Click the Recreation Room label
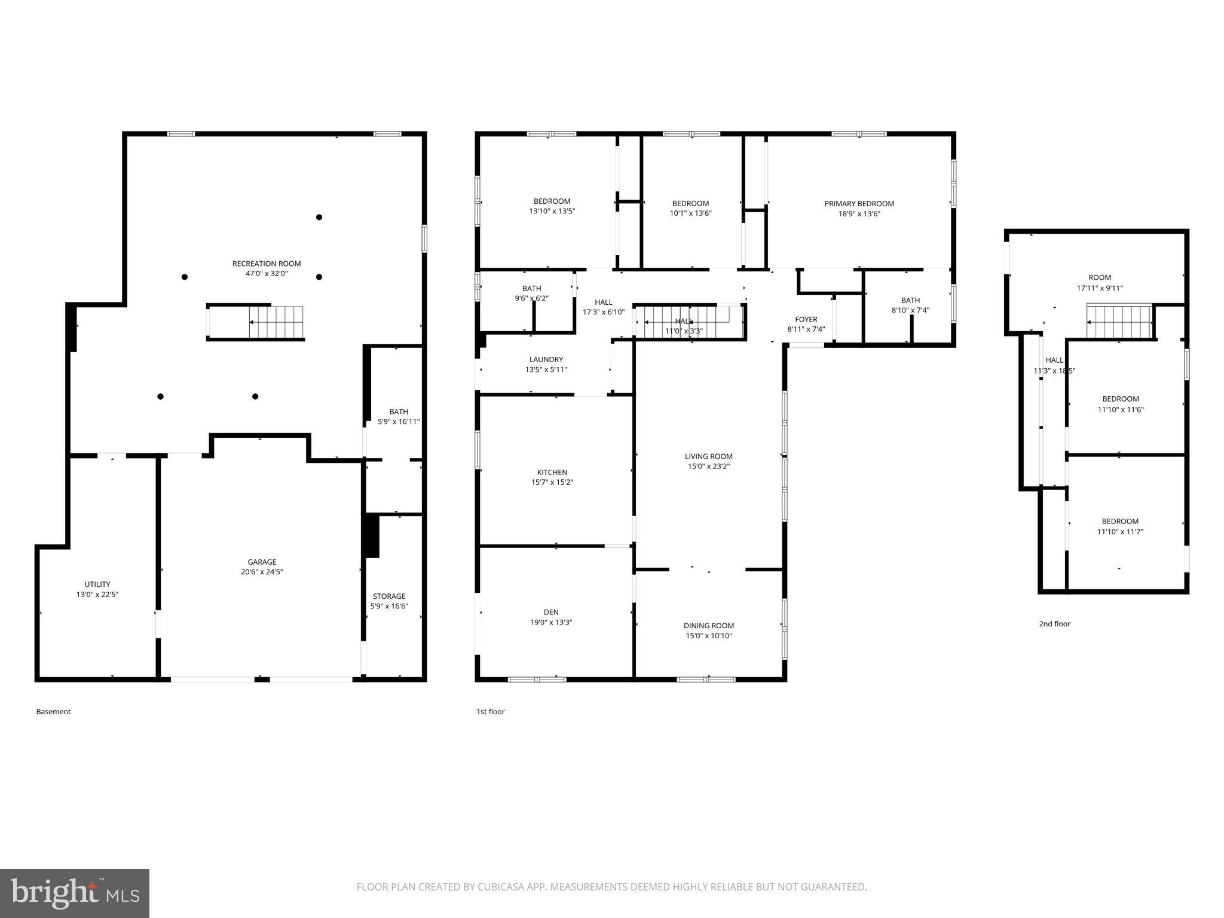(x=267, y=264)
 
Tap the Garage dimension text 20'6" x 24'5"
(x=262, y=572)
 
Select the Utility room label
(x=97, y=585)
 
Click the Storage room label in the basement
(x=389, y=596)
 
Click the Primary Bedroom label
(x=859, y=204)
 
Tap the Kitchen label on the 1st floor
(x=552, y=472)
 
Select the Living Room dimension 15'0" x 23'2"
(x=708, y=467)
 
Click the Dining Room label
(x=709, y=626)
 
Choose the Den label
(x=551, y=612)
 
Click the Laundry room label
(x=546, y=359)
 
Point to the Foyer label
(x=806, y=319)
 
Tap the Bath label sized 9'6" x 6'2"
(x=531, y=289)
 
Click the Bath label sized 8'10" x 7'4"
(x=910, y=301)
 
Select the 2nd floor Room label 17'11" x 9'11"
(x=1100, y=277)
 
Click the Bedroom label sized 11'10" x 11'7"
(x=1120, y=521)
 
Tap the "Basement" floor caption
(x=53, y=712)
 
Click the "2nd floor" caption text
(x=1054, y=624)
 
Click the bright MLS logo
(x=75, y=893)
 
